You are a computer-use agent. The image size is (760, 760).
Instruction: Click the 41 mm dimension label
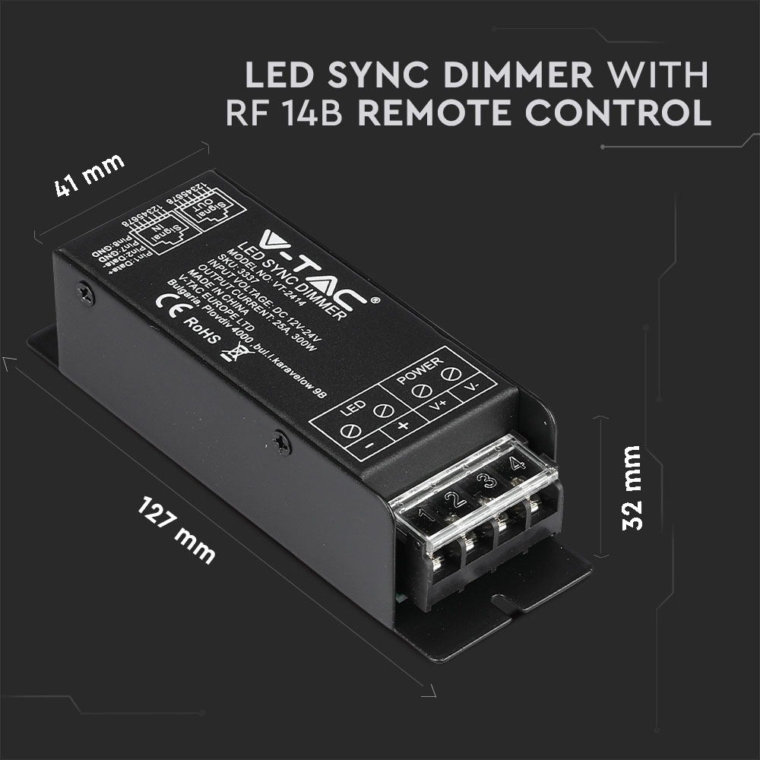90,177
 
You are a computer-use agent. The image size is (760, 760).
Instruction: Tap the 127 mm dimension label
177,529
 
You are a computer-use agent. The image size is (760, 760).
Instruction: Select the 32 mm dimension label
631,487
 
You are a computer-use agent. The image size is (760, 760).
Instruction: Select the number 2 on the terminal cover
454,499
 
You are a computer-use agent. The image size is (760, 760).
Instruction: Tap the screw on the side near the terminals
283,442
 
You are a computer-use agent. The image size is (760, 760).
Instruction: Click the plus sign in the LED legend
403,425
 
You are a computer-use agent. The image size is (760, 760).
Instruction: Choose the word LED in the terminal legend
350,410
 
